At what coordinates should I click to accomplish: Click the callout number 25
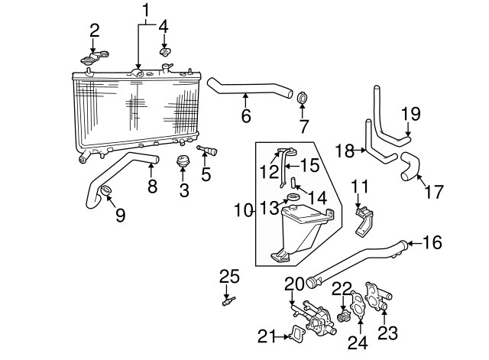click(229, 277)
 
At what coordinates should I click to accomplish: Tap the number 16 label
click(432, 242)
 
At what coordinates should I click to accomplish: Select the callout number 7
click(303, 127)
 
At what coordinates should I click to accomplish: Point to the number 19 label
click(411, 114)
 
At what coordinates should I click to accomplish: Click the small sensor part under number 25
click(228, 302)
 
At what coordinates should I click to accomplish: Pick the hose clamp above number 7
click(302, 98)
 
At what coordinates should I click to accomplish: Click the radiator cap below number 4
click(164, 51)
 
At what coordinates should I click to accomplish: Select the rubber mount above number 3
click(182, 161)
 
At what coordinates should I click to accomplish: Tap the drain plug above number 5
click(207, 151)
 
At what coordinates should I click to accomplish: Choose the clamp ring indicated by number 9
click(106, 190)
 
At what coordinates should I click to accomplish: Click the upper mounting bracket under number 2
click(95, 57)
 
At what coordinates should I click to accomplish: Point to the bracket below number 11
click(364, 221)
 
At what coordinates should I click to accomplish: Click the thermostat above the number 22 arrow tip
click(344, 318)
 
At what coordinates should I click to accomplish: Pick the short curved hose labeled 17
click(410, 166)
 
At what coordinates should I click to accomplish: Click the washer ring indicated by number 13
click(293, 196)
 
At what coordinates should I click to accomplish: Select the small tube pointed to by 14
click(293, 183)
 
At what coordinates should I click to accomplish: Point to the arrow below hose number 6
click(245, 100)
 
